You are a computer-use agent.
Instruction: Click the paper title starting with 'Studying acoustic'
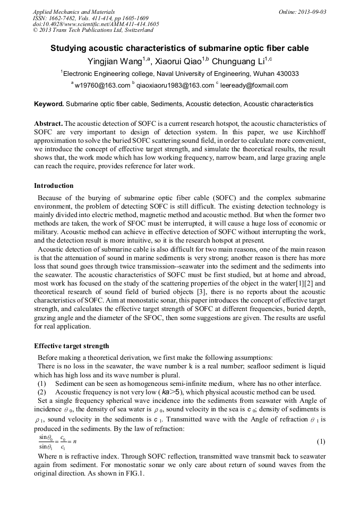pos(179,48)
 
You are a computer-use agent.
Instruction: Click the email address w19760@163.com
pos(102,85)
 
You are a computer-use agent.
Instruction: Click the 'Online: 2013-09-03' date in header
pos(302,12)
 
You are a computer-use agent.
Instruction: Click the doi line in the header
pos(96,24)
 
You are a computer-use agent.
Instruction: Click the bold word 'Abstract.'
pos(48,123)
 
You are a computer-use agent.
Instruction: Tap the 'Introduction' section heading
pos(54,186)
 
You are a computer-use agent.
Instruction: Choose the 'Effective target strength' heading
pos(72,346)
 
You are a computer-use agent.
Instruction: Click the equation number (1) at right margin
pos(321,442)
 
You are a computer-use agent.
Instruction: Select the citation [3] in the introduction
pos(172,300)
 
